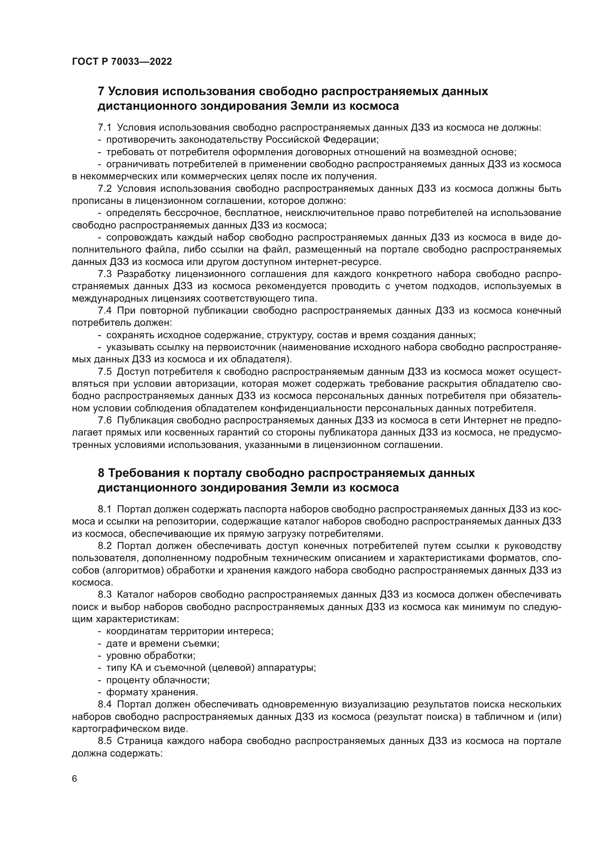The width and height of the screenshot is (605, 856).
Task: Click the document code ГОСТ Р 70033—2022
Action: pos(122,62)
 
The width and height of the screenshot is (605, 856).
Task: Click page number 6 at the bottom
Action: pos(75,779)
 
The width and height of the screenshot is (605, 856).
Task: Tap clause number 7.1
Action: pos(105,127)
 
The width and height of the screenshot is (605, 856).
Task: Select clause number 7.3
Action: pos(105,274)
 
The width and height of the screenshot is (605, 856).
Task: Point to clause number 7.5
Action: pos(105,372)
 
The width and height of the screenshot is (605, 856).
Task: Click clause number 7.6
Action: pos(105,420)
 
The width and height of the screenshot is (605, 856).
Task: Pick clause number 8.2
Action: pos(105,546)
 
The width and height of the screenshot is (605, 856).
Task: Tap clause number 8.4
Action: pos(105,704)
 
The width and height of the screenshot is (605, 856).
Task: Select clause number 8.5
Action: pos(105,741)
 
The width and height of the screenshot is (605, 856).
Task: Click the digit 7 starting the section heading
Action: pos(101,91)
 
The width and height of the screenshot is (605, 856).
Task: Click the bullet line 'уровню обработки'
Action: pos(150,656)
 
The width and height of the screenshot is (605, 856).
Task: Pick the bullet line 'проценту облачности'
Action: pos(158,680)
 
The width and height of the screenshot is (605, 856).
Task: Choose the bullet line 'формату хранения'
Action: pos(152,692)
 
